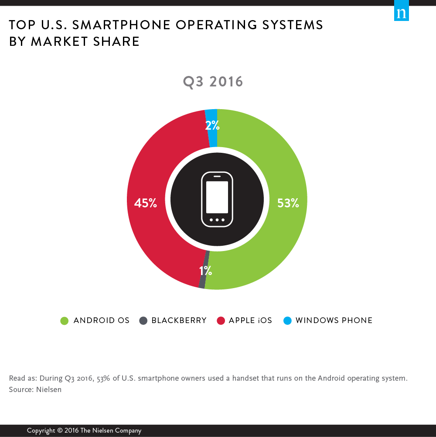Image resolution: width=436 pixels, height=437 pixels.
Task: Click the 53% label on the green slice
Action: [x=288, y=203]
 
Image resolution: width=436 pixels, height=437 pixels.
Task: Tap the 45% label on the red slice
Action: [x=146, y=203]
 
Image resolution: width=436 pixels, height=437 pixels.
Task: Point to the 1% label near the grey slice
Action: [x=205, y=271]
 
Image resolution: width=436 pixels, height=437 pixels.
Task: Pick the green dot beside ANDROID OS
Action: [x=65, y=321]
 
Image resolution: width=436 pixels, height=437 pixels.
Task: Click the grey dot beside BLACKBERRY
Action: [x=143, y=321]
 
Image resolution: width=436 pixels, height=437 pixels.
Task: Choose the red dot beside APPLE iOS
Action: [x=221, y=321]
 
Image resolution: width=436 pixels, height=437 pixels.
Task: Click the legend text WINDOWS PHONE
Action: [x=334, y=320]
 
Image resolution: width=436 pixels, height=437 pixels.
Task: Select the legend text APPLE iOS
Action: [x=250, y=320]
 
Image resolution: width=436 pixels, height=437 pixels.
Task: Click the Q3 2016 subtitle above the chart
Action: [x=213, y=82]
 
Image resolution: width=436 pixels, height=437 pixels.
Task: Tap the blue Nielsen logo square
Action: [x=402, y=14]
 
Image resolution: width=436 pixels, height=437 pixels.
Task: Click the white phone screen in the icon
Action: [x=217, y=197]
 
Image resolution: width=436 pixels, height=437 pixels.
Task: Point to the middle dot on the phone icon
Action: [x=217, y=220]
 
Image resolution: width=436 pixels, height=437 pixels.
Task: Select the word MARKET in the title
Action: [x=62, y=41]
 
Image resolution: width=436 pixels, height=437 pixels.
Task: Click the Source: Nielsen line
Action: [x=35, y=389]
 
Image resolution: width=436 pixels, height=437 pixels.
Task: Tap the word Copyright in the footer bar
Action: [x=41, y=430]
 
